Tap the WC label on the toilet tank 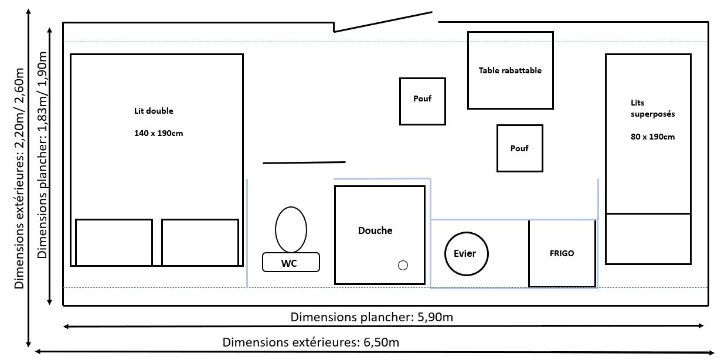pyautogui.click(x=289, y=263)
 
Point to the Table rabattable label pyautogui.click(x=510, y=70)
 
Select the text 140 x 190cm pyautogui.click(x=158, y=133)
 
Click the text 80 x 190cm pyautogui.click(x=652, y=137)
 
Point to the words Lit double pyautogui.click(x=154, y=111)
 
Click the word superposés pyautogui.click(x=652, y=114)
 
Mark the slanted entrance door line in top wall pyautogui.click(x=383, y=22)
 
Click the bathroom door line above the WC pyautogui.click(x=304, y=162)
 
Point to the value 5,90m pyautogui.click(x=435, y=317)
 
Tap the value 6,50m pyautogui.click(x=381, y=342)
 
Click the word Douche pyautogui.click(x=375, y=230)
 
